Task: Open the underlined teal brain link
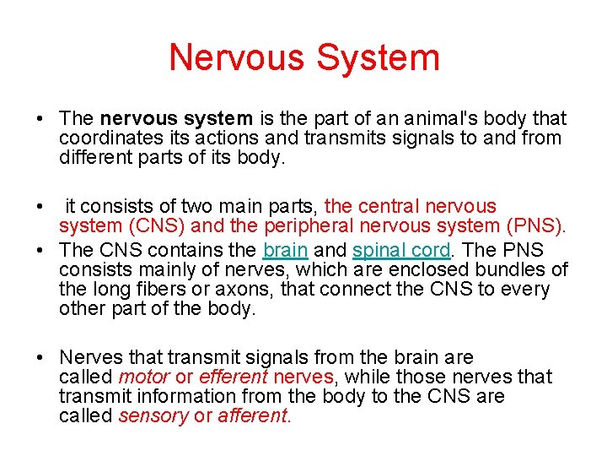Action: tap(285, 250)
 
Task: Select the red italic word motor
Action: tap(144, 377)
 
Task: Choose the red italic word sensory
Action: tap(153, 415)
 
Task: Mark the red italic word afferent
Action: tap(253, 415)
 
